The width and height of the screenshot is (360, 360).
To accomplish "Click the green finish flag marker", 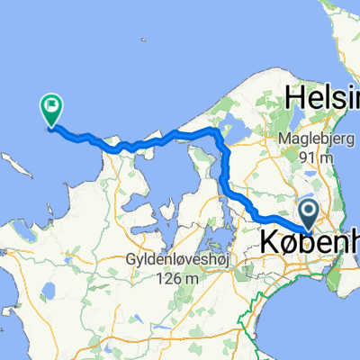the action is click(x=50, y=110).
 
